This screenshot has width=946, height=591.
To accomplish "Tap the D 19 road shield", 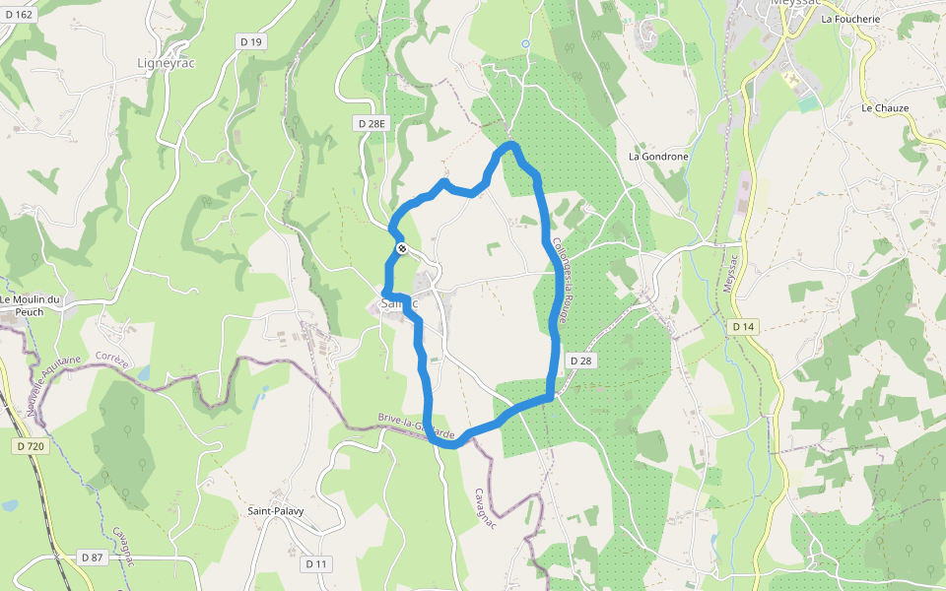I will [250, 41].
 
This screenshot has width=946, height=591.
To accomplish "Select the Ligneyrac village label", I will [170, 63].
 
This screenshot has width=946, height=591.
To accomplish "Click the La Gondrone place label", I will [658, 157].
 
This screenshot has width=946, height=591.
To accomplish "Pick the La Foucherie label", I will [850, 19].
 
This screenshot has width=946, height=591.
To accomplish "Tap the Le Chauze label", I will [885, 108].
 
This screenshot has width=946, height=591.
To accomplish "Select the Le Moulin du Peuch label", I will [32, 305].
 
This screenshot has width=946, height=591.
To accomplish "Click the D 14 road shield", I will [743, 326].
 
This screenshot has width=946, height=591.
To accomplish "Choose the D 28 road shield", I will [581, 361].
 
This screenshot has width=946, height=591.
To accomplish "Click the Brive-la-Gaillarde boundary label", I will [417, 427].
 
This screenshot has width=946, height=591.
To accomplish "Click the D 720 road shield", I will [31, 446].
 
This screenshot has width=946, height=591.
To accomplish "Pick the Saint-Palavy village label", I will [275, 511].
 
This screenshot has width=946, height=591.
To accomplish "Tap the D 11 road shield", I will [315, 563].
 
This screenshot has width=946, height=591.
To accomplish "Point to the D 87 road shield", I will [92, 558].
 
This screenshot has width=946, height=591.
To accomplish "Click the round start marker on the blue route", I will [402, 249].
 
